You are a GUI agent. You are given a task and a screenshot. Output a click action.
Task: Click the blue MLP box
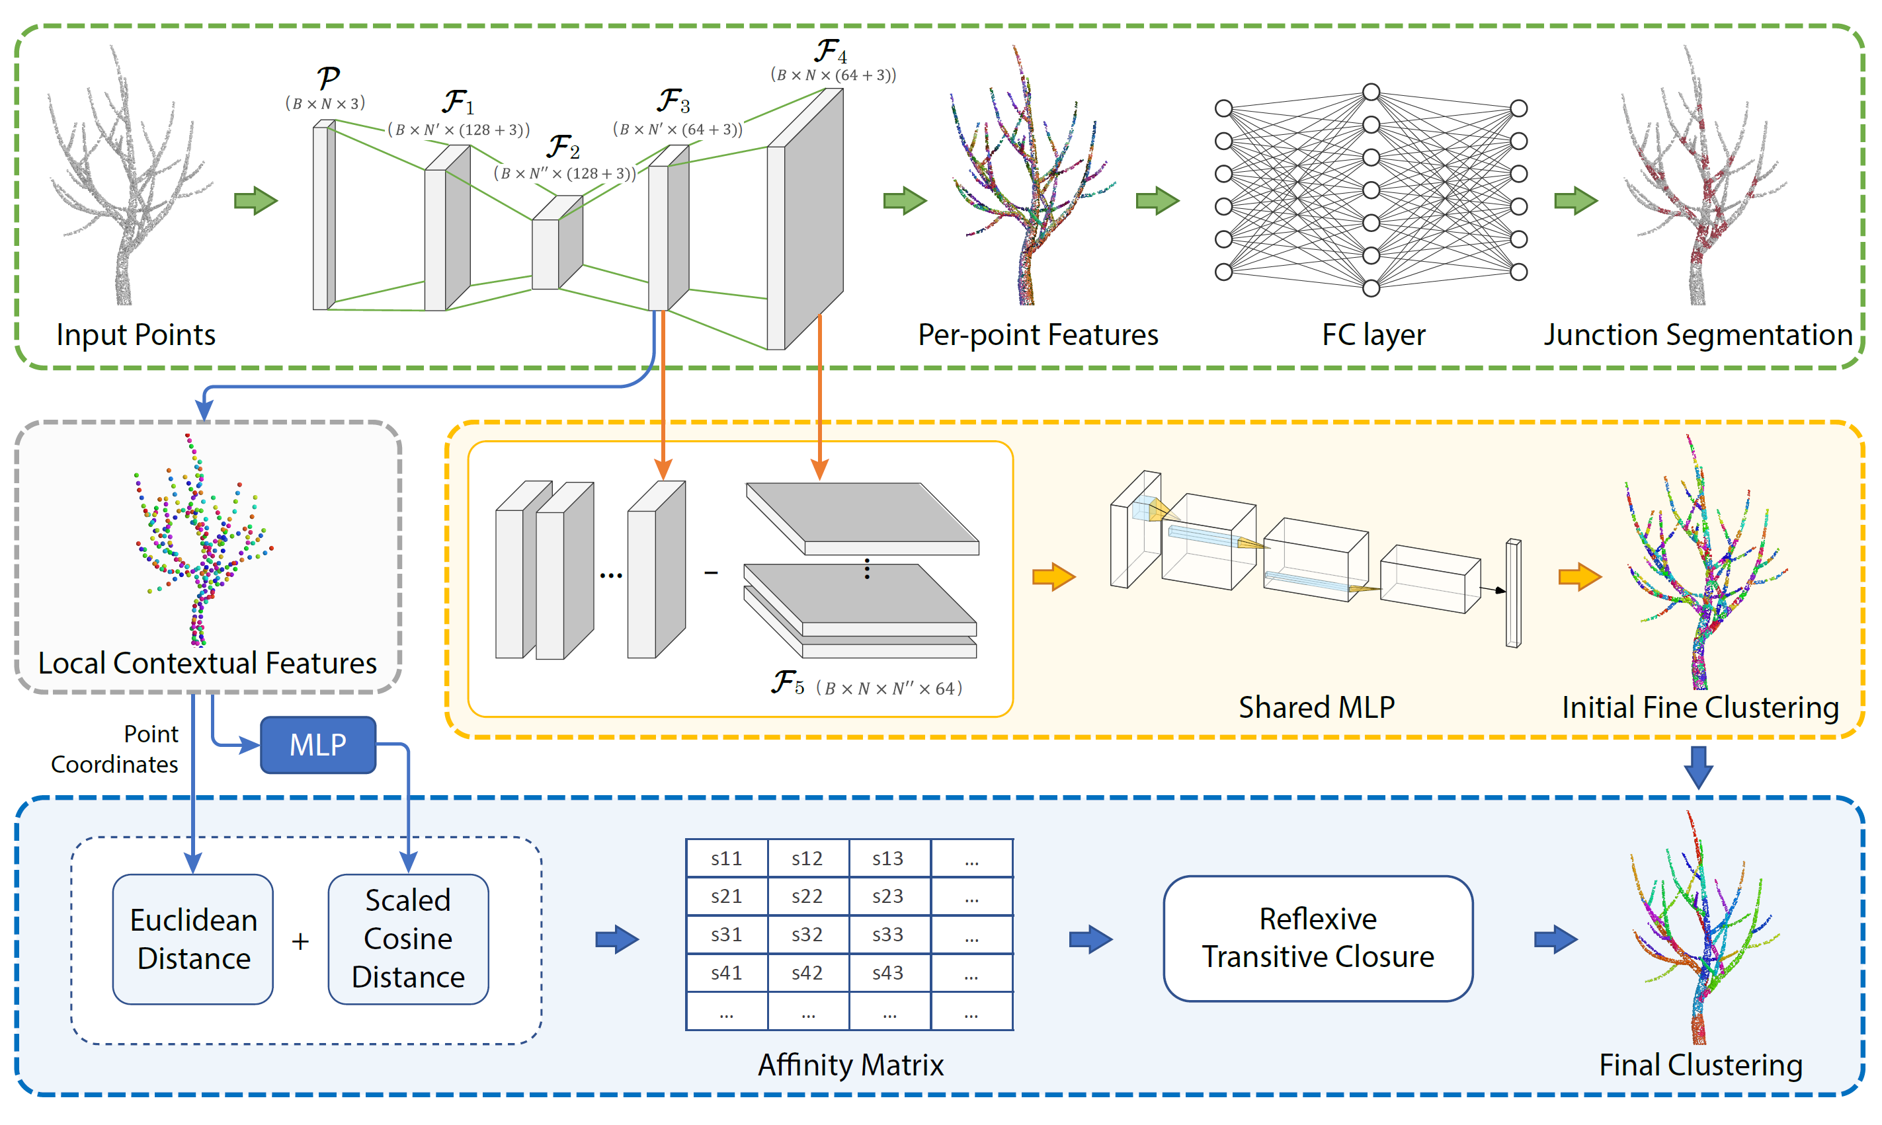pos(317,744)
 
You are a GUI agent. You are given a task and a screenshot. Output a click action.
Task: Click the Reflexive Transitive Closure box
pos(1317,938)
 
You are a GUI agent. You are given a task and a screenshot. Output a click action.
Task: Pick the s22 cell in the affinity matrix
pos(807,896)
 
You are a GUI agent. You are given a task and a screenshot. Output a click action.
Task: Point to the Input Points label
pos(136,334)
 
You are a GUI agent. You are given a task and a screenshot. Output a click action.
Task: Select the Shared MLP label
pos(1317,707)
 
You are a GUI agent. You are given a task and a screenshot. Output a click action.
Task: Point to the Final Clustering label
pos(1700,1065)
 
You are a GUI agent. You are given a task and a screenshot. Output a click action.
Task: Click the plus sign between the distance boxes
pos(300,941)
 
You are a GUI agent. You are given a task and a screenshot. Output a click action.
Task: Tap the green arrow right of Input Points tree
pos(255,201)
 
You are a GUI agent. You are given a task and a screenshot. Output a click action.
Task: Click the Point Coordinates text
pos(115,749)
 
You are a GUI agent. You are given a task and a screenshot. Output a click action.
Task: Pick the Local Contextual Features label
pos(207,664)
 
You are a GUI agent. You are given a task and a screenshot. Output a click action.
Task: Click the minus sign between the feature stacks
pos(710,573)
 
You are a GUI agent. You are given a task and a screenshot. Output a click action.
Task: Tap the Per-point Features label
pos(1038,334)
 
